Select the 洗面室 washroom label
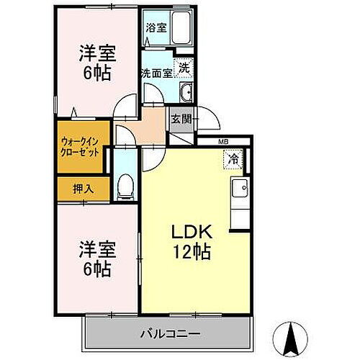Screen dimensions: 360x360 point(156,73)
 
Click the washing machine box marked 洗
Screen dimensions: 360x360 point(184,66)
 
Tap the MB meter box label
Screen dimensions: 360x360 point(224,142)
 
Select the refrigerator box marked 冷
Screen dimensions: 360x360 point(233,158)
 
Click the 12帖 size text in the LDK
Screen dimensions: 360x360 point(191,253)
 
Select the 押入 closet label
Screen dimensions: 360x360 point(83,189)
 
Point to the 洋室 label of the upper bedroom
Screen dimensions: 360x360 point(96,54)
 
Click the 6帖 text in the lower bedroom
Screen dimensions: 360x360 point(96,269)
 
